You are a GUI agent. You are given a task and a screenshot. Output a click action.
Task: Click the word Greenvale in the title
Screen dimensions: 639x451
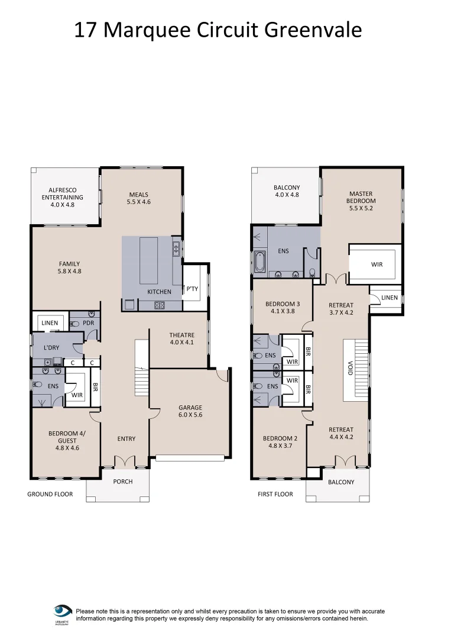click(x=313, y=30)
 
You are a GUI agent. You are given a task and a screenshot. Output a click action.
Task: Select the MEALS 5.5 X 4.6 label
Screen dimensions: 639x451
click(x=138, y=198)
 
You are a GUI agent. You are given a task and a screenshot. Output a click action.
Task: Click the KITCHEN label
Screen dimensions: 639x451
click(x=159, y=292)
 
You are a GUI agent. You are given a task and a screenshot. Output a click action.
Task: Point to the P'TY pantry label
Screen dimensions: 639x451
click(x=192, y=289)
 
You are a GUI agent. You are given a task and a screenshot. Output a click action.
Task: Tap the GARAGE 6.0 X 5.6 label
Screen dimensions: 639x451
click(x=190, y=411)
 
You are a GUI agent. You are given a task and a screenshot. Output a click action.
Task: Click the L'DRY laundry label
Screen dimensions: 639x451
click(x=51, y=348)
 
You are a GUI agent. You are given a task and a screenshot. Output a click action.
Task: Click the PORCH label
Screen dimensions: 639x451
click(x=123, y=482)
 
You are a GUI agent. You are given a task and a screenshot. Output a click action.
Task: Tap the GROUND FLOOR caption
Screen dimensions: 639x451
click(x=50, y=494)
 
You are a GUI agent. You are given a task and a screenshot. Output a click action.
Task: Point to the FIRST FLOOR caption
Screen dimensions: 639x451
click(x=275, y=494)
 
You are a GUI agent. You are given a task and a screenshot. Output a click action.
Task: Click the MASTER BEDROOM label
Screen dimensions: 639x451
click(x=362, y=197)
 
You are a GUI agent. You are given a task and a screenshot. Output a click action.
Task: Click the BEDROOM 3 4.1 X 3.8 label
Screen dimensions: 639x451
click(x=283, y=308)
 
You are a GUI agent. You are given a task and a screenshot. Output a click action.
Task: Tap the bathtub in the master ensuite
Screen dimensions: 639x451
click(x=259, y=263)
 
